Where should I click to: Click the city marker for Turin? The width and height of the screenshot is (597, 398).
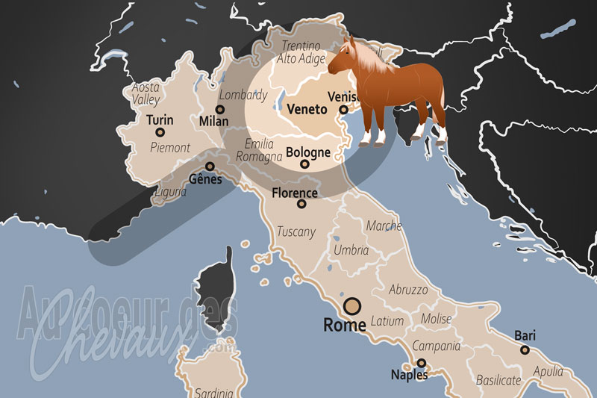click(159, 132)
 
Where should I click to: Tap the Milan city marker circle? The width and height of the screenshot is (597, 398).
click(219, 109)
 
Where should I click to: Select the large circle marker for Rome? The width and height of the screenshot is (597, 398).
click(351, 306)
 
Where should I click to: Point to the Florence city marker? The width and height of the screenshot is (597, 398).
click(301, 204)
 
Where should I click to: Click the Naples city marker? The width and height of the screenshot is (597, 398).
click(421, 363)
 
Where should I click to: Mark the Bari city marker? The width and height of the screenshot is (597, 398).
click(525, 349)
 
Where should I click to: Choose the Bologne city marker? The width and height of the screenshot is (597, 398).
click(304, 164)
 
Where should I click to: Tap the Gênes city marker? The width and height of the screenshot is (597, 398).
click(210, 167)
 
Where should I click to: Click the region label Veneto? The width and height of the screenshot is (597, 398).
click(307, 110)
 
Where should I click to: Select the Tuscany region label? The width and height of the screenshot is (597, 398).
click(296, 231)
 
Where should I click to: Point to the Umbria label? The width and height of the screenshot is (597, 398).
click(351, 250)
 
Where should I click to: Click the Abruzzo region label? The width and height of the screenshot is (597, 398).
click(408, 289)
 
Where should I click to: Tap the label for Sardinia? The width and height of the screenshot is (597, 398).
click(213, 392)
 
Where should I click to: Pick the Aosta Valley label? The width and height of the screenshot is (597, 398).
click(146, 93)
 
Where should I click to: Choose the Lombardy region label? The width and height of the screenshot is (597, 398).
click(242, 96)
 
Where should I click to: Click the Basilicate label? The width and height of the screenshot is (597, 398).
click(498, 380)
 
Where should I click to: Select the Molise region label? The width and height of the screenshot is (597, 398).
click(436, 319)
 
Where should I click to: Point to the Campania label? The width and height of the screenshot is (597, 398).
click(437, 346)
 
